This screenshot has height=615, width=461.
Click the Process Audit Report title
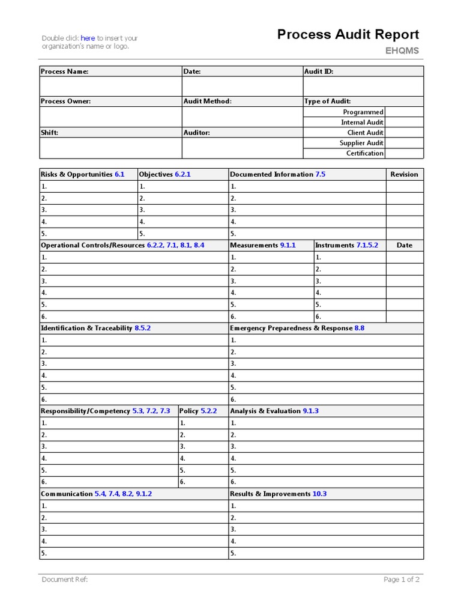click(348, 35)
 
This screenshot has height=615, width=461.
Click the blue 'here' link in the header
click(88, 38)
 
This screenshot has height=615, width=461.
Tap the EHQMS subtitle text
click(402, 51)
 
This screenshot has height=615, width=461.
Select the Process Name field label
click(64, 71)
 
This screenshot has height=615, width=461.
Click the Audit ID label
click(319, 71)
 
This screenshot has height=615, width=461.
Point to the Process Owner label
click(66, 101)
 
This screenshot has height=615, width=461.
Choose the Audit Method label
click(207, 101)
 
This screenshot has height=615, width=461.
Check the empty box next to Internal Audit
click(404, 122)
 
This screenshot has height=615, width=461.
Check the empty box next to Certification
click(404, 153)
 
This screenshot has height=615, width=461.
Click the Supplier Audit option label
click(361, 143)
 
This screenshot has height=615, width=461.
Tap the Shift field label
click(49, 133)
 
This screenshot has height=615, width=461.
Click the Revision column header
click(404, 174)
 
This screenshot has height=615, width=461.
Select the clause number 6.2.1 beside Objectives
click(182, 174)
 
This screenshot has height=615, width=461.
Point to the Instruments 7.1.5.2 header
click(346, 245)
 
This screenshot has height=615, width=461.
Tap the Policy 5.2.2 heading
click(197, 411)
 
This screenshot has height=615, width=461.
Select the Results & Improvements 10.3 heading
click(278, 494)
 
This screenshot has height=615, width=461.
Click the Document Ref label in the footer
click(65, 580)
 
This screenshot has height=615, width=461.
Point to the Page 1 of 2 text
click(402, 580)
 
